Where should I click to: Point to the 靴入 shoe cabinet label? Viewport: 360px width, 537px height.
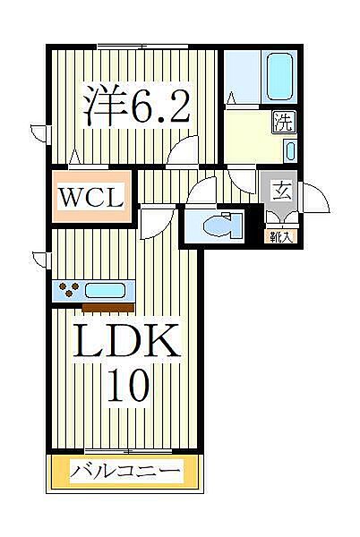coord(281,236)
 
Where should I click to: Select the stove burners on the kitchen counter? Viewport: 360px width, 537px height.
coord(69,289)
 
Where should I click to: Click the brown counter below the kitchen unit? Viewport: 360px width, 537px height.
coord(107,307)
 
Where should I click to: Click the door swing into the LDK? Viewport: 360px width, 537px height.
coord(154,217)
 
